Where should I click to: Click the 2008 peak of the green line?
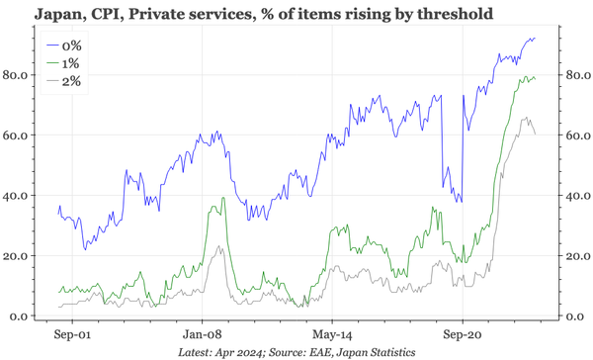click(x=224, y=199)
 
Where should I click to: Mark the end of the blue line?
click(x=535, y=39)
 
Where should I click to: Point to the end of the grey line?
click(x=535, y=134)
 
